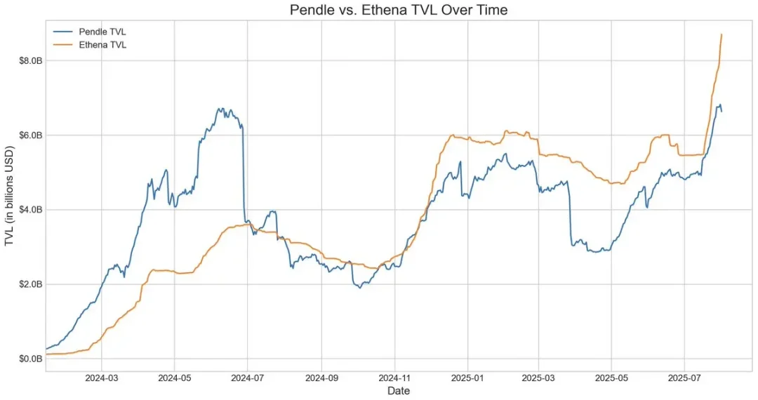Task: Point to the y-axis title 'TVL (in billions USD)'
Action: pos(10,196)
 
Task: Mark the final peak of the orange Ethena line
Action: pos(722,34)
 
